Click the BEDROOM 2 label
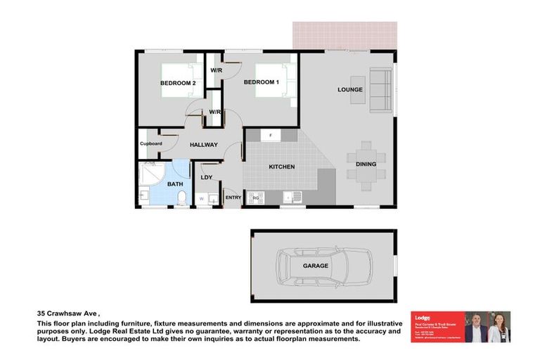coord(178,83)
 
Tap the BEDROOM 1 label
coord(262,82)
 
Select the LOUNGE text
coord(349,89)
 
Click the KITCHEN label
coord(281,167)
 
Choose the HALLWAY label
coord(203,145)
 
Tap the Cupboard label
coord(150,143)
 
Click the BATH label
coord(175,184)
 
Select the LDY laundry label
coord(207,176)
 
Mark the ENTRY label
coord(233,198)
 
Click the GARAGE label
coord(316,266)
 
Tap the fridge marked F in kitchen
coord(271,135)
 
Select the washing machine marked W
coord(202,199)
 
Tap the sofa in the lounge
coord(380,91)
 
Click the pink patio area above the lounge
coord(344,35)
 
